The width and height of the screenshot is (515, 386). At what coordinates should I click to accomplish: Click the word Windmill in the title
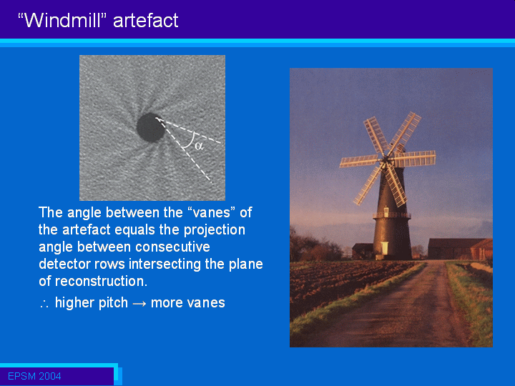click(x=62, y=20)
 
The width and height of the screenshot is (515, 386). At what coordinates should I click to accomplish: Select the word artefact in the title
click(x=145, y=20)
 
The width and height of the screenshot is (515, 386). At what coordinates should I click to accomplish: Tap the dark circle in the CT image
click(x=151, y=127)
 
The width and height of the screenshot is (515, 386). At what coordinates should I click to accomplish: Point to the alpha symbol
click(x=199, y=145)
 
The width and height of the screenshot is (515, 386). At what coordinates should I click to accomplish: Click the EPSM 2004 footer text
click(x=34, y=376)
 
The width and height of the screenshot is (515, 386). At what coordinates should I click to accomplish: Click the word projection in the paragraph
click(x=214, y=230)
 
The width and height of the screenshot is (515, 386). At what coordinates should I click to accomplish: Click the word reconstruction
click(x=101, y=282)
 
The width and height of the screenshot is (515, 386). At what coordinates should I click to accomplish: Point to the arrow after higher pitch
click(x=139, y=303)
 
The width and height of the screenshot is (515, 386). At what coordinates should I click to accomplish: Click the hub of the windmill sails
click(x=385, y=160)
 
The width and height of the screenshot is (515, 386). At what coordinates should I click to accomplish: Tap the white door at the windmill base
click(x=384, y=248)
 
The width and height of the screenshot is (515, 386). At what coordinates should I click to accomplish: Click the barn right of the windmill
click(x=460, y=249)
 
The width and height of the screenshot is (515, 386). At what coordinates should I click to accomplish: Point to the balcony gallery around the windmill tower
click(x=391, y=215)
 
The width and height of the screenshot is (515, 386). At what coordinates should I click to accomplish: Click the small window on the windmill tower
click(x=386, y=211)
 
